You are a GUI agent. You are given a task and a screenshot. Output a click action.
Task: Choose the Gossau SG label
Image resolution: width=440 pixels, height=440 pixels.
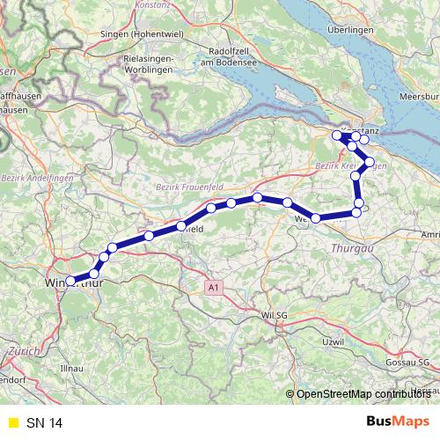click(x=409, y=363)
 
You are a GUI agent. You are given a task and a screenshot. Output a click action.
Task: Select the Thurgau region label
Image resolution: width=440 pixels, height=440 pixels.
click(x=352, y=250)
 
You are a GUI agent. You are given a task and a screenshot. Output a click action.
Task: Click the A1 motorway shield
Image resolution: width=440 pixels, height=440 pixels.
click(x=212, y=287)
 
